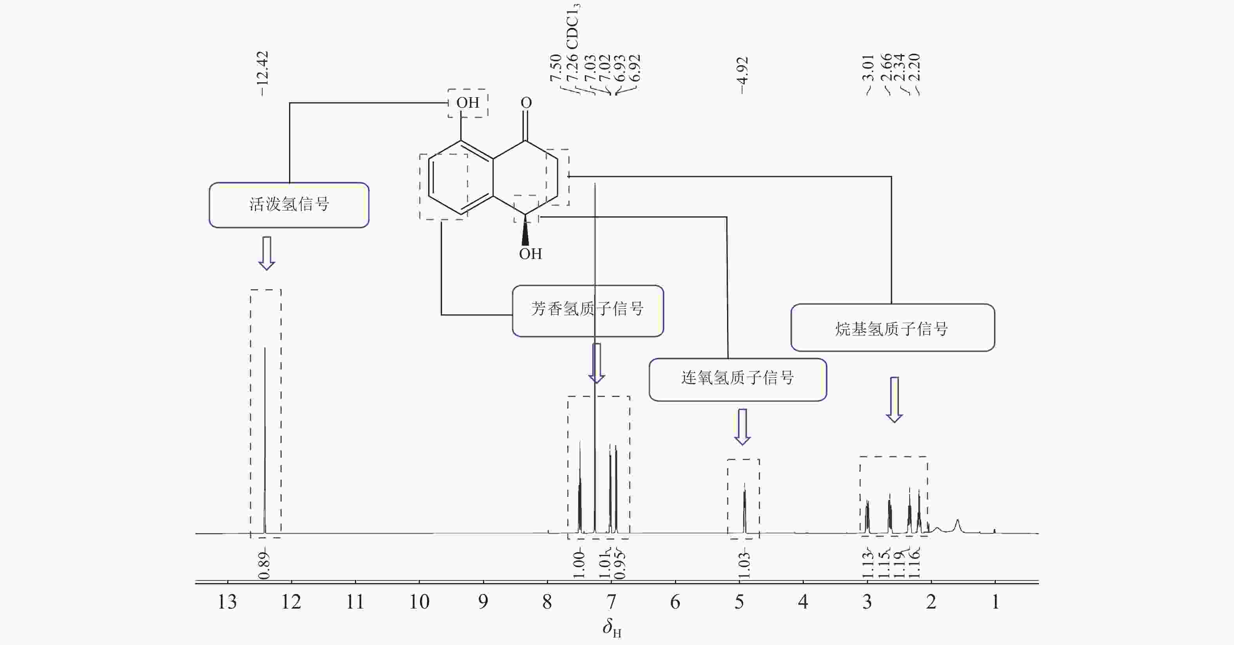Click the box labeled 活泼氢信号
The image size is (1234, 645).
289,205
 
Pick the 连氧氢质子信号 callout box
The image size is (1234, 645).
737,379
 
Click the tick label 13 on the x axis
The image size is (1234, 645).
227,602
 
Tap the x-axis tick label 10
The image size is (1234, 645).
419,602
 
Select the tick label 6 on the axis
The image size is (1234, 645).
675,602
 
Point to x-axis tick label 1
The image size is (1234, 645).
995,602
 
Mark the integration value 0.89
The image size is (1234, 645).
264,565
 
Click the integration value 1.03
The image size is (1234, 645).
744,565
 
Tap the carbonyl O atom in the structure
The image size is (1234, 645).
526,103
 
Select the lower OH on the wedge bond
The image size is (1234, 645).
530,254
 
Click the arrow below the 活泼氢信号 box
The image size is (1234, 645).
267,253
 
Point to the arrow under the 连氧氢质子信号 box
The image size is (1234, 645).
742,426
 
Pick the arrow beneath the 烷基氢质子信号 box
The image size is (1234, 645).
894,400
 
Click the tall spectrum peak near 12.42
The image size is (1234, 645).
265,431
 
